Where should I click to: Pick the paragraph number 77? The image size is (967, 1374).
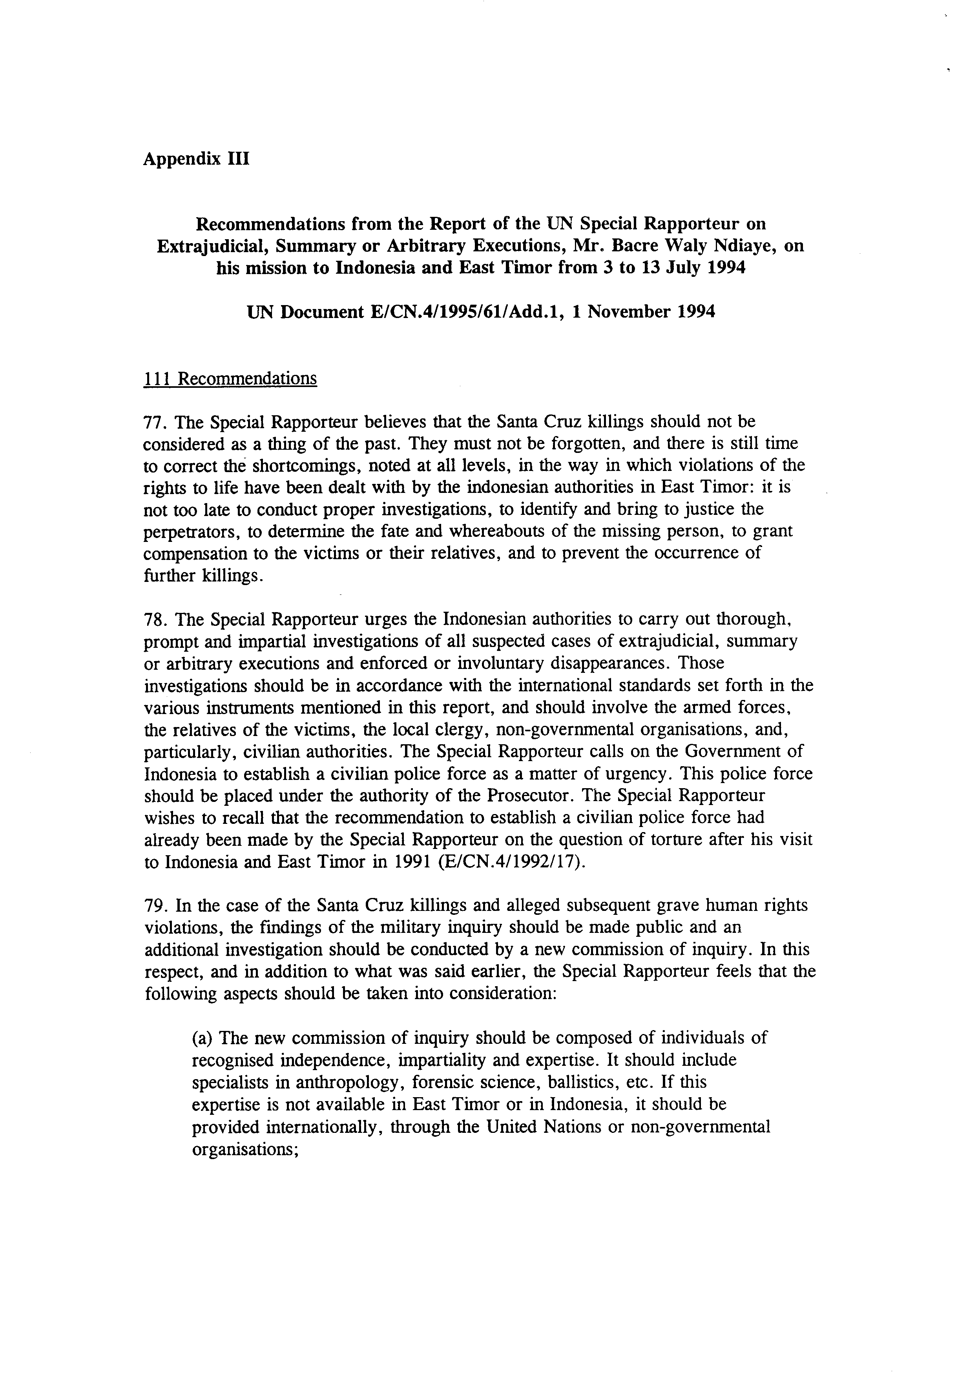(155, 422)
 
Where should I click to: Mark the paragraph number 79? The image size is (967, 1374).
(155, 905)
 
